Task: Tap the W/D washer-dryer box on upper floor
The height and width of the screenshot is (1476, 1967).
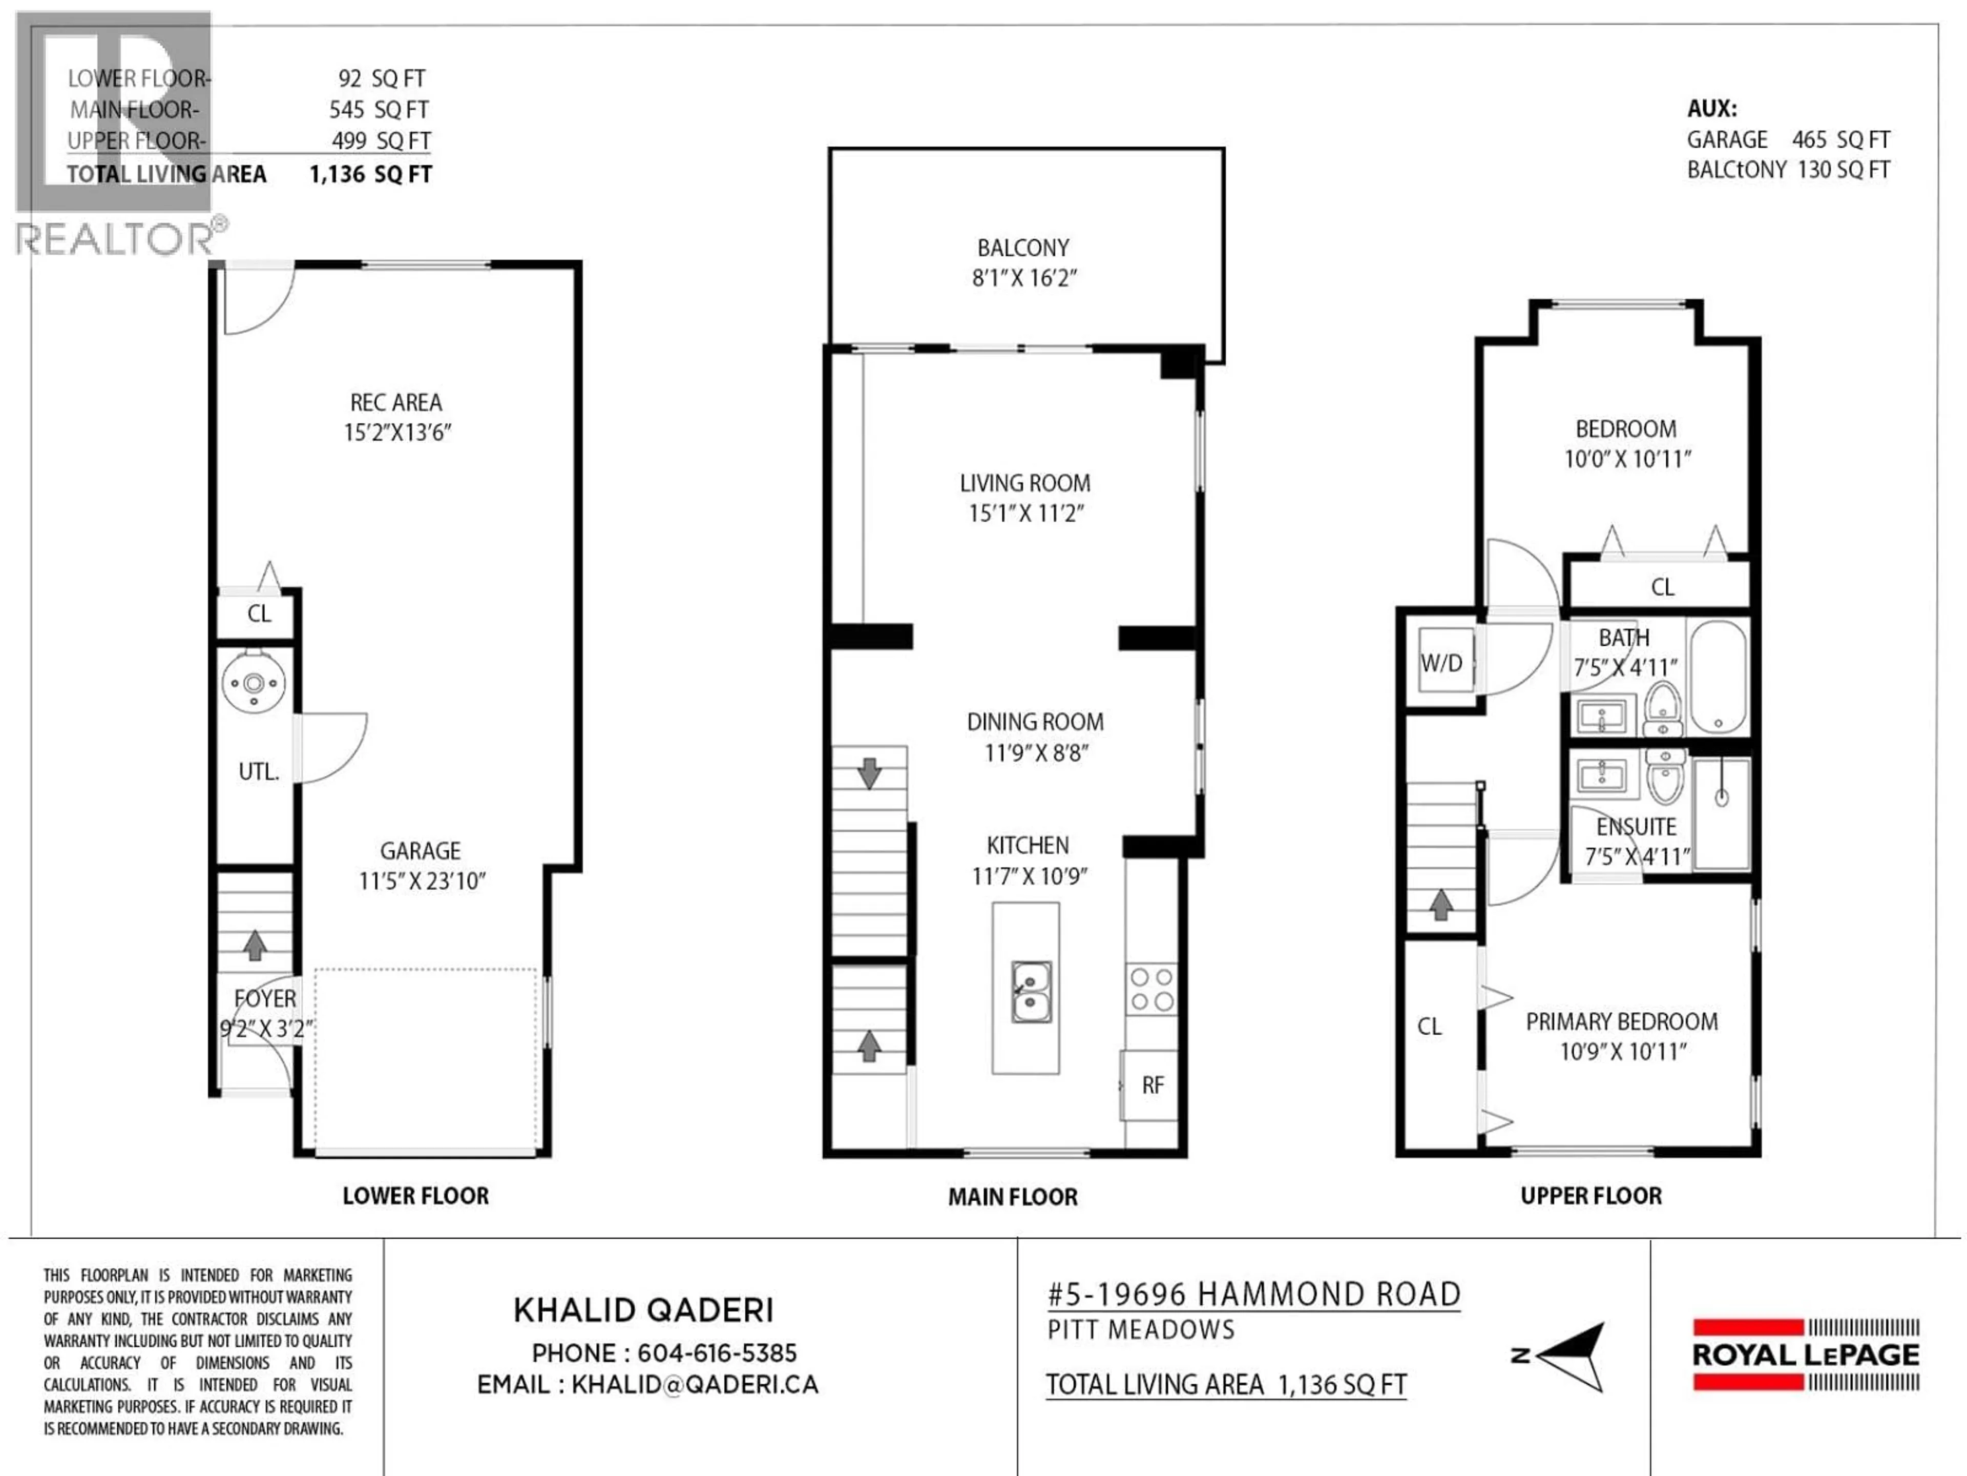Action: click(1441, 663)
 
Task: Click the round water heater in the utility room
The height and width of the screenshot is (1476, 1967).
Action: click(254, 683)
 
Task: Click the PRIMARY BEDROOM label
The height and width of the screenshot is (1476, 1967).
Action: click(1621, 1021)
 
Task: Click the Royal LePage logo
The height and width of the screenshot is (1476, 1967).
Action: click(1805, 1355)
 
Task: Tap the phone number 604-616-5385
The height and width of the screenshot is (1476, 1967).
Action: click(717, 1353)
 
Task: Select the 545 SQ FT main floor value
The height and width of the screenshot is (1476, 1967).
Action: click(379, 110)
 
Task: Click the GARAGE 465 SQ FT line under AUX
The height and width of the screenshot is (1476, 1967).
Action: click(1787, 140)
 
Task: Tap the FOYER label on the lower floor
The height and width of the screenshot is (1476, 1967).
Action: click(265, 998)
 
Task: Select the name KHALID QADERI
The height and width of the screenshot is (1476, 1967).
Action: click(644, 1309)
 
